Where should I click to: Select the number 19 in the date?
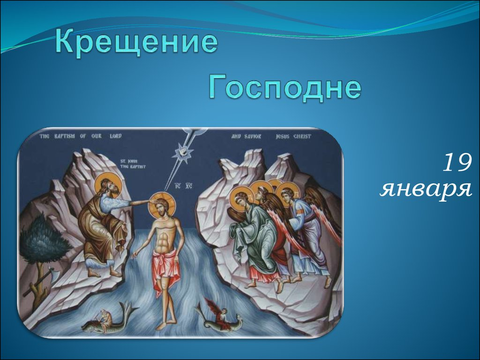pyautogui.click(x=457, y=163)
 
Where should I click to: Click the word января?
pyautogui.click(x=426, y=189)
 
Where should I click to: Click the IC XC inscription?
pyautogui.click(x=183, y=186)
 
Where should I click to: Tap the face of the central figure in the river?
pyautogui.click(x=161, y=208)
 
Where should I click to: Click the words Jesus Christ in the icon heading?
pyautogui.click(x=293, y=136)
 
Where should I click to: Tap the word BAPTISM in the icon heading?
pyautogui.click(x=65, y=136)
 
